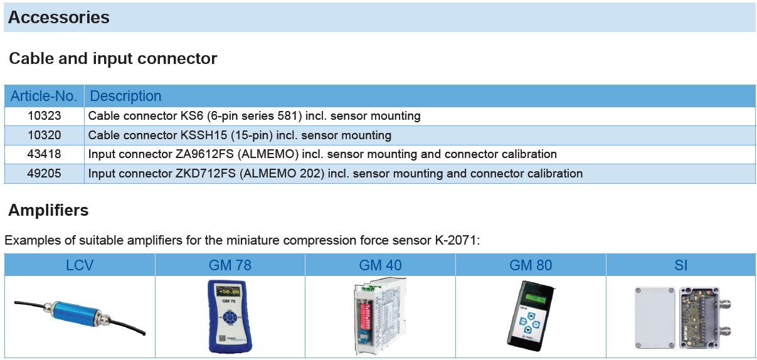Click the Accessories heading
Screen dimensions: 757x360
tap(59, 17)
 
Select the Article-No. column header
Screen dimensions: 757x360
tap(44, 96)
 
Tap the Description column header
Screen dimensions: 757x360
tap(125, 96)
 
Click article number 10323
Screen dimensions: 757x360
tap(45, 116)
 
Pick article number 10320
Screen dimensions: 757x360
tap(45, 135)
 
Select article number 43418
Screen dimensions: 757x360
tap(45, 154)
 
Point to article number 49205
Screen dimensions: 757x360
tap(45, 173)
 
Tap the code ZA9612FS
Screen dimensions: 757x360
tap(204, 154)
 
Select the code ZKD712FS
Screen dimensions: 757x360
tap(206, 173)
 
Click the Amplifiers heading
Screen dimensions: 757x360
tap(48, 210)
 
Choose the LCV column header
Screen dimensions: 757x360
tap(80, 265)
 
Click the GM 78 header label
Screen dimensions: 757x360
tap(230, 265)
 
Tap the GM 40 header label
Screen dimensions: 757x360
tap(380, 265)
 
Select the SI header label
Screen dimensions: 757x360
tap(681, 265)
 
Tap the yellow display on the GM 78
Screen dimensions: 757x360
tap(229, 291)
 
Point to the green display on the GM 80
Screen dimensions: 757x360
tap(536, 298)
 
